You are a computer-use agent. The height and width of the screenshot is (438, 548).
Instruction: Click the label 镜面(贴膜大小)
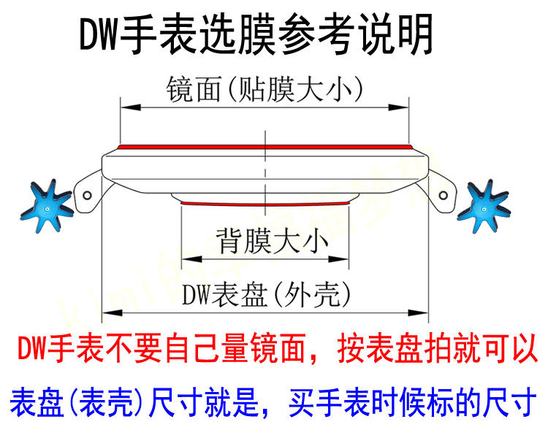[265, 90]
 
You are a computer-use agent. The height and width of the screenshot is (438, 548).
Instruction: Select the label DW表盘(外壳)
[265, 294]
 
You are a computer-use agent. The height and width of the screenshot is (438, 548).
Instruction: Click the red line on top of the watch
[265, 146]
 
